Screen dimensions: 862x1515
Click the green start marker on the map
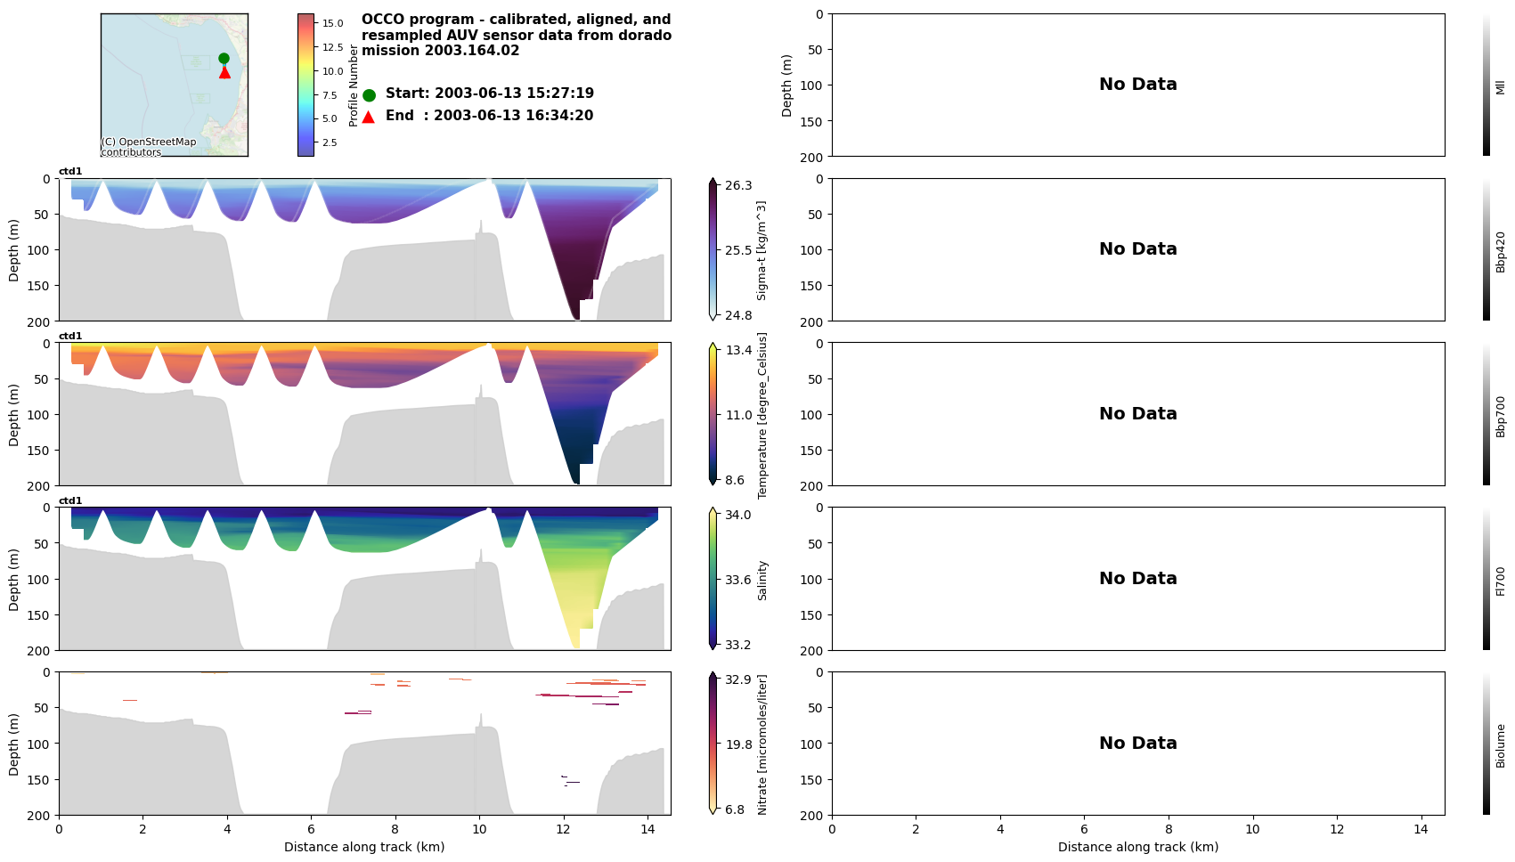click(x=224, y=58)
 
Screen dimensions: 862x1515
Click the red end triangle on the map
click(x=224, y=72)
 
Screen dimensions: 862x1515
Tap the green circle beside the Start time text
click(x=369, y=95)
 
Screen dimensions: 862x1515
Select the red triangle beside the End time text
click(x=369, y=117)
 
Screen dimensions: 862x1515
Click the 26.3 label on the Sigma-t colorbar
click(x=738, y=185)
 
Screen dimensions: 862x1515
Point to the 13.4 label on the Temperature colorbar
click(x=738, y=350)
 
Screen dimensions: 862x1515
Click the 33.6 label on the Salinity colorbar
click(x=737, y=580)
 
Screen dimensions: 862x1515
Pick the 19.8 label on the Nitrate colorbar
click(x=738, y=744)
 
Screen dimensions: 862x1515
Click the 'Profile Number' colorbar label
click(x=354, y=85)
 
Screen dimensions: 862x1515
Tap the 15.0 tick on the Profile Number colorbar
click(x=332, y=23)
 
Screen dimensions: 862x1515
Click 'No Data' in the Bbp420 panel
click(x=1137, y=249)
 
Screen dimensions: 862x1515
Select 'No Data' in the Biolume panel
click(x=1137, y=744)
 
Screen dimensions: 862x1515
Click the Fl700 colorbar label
click(x=1500, y=581)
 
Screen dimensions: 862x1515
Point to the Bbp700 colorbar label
click(x=1500, y=416)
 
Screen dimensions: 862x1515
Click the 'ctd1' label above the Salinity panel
click(x=70, y=500)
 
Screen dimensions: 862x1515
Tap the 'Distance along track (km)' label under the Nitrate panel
click(x=364, y=847)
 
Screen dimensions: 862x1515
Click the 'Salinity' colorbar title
click(x=762, y=581)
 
